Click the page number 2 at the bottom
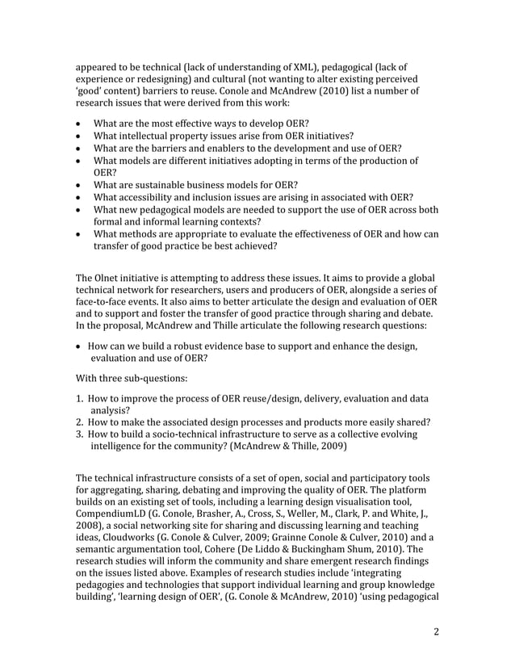tap(436, 631)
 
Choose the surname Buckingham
tap(356, 554)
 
